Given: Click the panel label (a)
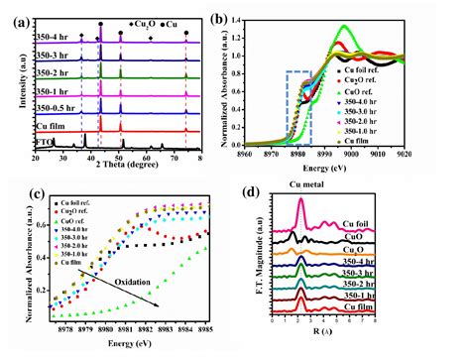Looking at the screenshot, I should (x=18, y=14).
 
